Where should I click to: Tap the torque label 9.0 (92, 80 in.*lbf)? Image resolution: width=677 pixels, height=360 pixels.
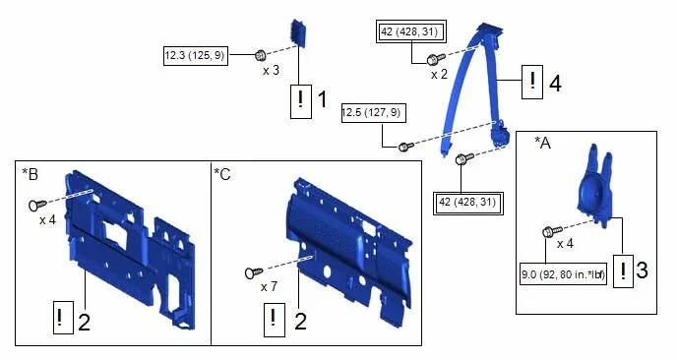tap(564, 274)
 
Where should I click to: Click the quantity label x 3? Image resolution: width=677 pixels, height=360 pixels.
tap(271, 71)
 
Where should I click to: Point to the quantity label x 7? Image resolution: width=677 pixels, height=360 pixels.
tap(269, 286)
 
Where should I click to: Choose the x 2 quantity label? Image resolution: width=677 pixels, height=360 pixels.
tap(439, 74)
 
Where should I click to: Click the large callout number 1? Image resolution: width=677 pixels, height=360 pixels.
tap(323, 99)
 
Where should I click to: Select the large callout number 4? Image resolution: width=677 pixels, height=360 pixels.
tap(555, 83)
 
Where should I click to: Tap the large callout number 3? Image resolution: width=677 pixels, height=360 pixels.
tap(642, 270)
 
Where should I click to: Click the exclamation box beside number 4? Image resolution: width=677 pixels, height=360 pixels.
tap(532, 82)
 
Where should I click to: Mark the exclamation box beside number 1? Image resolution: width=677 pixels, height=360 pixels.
tap(301, 101)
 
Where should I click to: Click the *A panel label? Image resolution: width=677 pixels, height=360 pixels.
tap(543, 143)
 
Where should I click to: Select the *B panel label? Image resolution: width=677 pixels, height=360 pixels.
tap(31, 173)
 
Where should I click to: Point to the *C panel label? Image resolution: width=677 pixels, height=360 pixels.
tap(222, 174)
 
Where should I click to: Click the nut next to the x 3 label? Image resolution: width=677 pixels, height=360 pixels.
tap(261, 56)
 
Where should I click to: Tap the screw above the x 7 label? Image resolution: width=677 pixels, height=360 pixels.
tap(254, 272)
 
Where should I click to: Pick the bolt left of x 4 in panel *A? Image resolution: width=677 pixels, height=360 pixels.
tap(552, 231)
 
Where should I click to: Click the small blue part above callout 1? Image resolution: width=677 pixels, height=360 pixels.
tap(298, 32)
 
